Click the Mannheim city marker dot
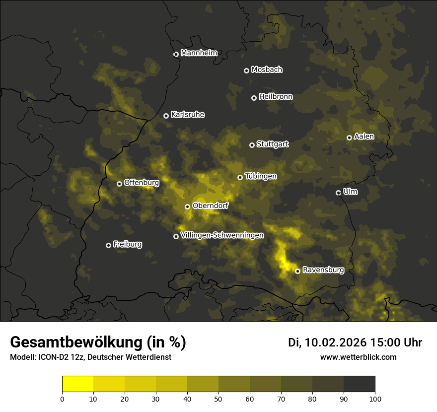(x=176, y=55)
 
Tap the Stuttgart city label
(x=273, y=144)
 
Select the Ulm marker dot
(x=338, y=193)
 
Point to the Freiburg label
(x=128, y=244)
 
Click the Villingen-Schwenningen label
(x=222, y=235)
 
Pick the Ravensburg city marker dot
(x=297, y=271)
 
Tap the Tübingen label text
(x=261, y=176)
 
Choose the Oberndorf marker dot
(x=187, y=206)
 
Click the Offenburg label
(x=142, y=183)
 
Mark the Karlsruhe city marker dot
(x=166, y=116)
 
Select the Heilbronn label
(x=276, y=97)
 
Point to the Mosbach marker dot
(x=246, y=70)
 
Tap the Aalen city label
(x=364, y=137)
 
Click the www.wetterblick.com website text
(x=358, y=357)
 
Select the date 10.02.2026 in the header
(x=335, y=342)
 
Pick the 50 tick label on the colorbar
(x=218, y=399)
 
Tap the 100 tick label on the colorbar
(x=375, y=399)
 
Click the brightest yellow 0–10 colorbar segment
(x=78, y=384)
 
